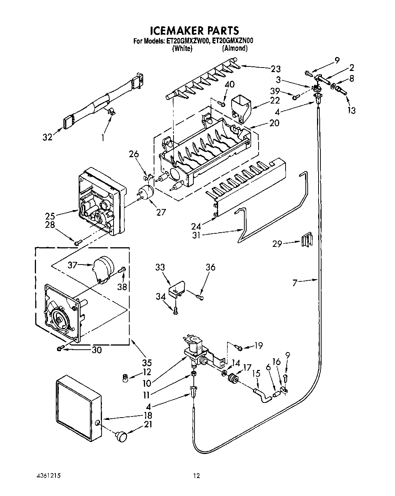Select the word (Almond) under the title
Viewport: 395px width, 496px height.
pos(235,48)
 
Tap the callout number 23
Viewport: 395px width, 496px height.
pos(275,69)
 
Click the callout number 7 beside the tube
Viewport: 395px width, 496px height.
pos(295,283)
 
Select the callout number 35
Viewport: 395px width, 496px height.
pos(147,363)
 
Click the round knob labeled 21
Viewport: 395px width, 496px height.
pos(121,436)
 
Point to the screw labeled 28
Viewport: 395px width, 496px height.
pos(77,243)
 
